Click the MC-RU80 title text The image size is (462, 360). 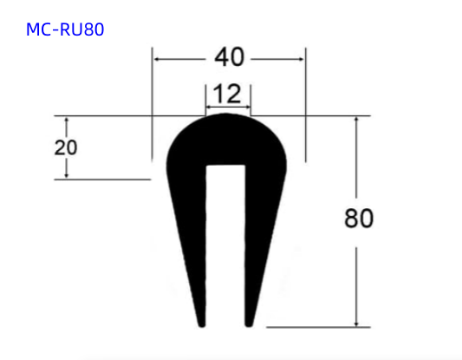(65, 29)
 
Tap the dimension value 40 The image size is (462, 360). (229, 58)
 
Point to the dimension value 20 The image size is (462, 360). (66, 147)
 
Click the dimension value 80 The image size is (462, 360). (358, 219)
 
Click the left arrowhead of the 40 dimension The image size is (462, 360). (157, 58)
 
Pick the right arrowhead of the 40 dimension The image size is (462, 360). (302, 58)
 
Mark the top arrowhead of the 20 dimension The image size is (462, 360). (66, 121)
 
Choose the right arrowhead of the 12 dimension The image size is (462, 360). (247, 107)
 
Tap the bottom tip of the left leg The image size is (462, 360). (203, 324)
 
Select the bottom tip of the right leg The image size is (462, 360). (252, 324)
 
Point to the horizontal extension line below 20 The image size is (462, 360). (104, 180)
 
